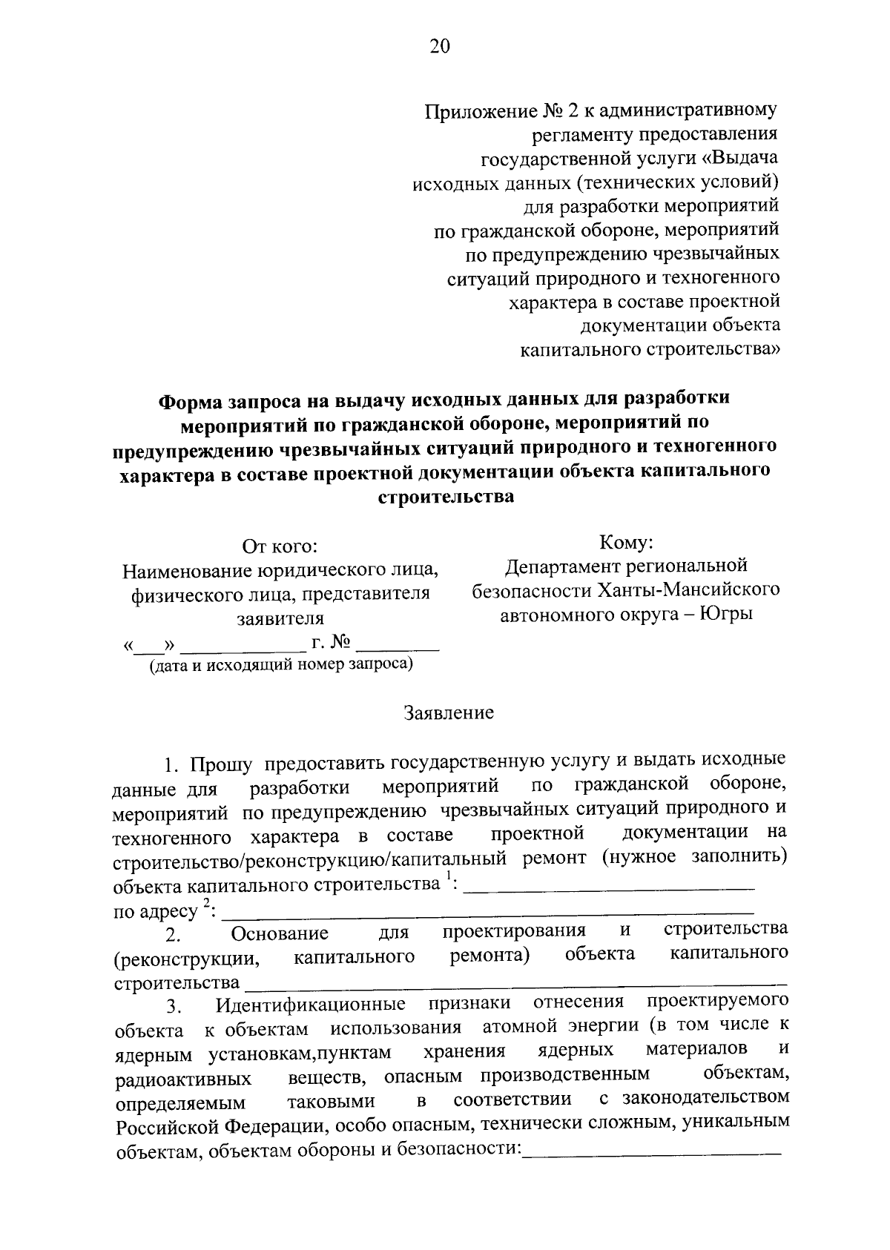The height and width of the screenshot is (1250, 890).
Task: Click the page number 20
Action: click(x=439, y=47)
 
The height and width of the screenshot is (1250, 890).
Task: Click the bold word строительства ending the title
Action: click(x=446, y=497)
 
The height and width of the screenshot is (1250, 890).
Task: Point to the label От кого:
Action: click(x=280, y=547)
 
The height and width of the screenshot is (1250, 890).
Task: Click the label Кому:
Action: click(x=626, y=543)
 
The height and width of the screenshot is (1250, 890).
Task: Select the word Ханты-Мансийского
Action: click(x=703, y=590)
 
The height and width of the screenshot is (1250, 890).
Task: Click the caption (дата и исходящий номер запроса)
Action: click(x=281, y=665)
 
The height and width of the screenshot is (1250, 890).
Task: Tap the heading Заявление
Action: click(x=449, y=713)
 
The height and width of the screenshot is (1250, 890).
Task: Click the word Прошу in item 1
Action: click(x=220, y=764)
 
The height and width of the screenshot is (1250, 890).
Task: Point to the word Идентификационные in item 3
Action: click(x=310, y=1005)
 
